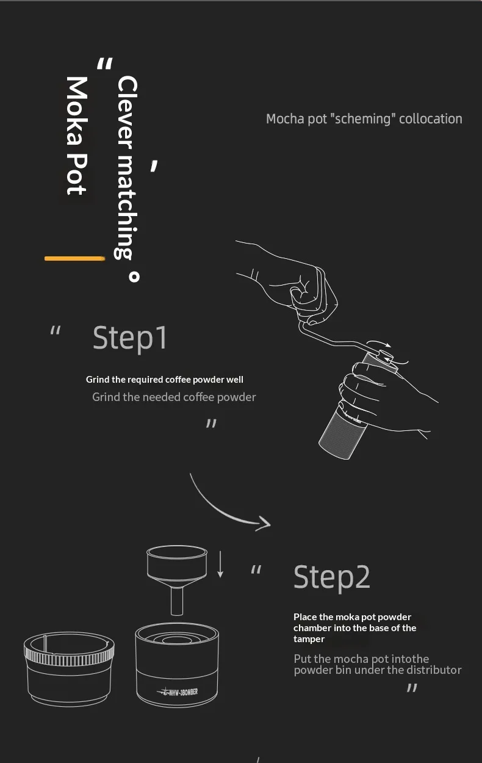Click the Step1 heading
click(130, 338)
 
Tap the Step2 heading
click(331, 577)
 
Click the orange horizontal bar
click(74, 259)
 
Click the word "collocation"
click(431, 119)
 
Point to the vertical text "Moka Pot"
click(77, 136)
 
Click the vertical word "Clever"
click(127, 112)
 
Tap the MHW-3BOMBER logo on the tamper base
click(178, 692)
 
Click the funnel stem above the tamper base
click(177, 601)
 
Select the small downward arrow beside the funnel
click(220, 564)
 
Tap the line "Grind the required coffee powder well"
click(164, 380)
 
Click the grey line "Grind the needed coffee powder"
click(174, 397)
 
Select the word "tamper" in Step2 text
click(309, 639)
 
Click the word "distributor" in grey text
click(434, 670)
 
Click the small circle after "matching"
click(134, 277)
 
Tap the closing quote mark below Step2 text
click(412, 688)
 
